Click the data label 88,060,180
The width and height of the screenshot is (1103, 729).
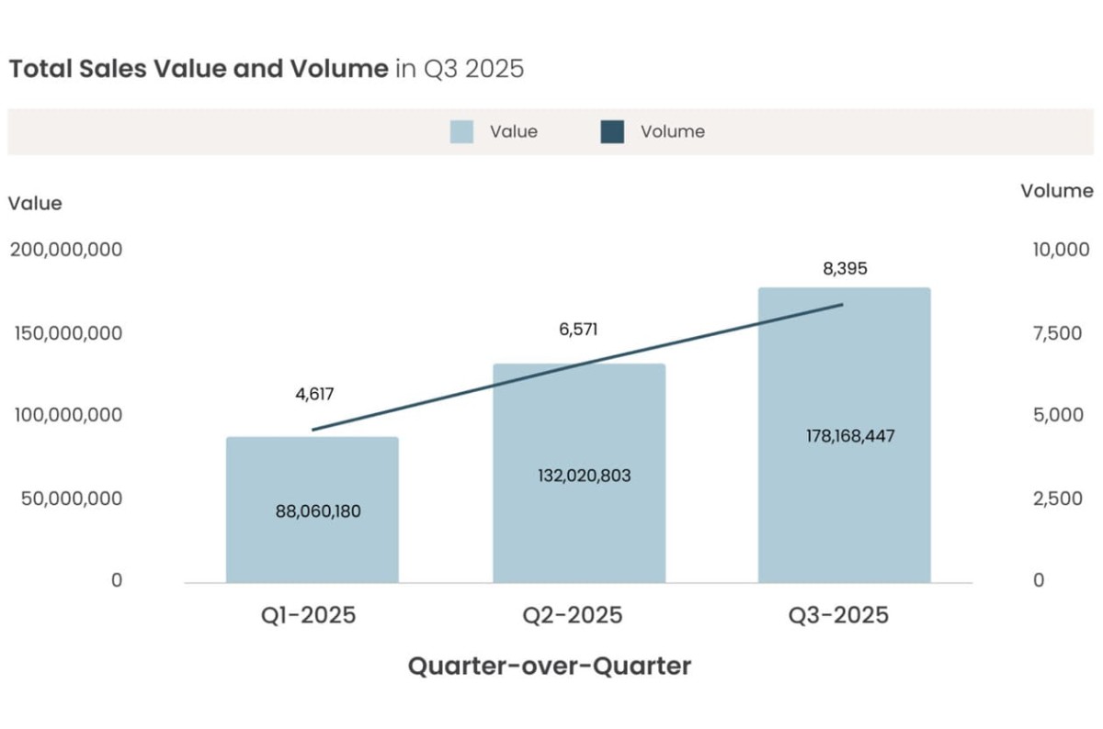[x=318, y=512]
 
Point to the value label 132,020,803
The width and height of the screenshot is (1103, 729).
[x=585, y=476]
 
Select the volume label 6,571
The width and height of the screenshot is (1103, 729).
[x=578, y=329]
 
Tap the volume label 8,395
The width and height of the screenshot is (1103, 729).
[x=845, y=269]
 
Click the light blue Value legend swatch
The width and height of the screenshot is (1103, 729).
[x=461, y=132]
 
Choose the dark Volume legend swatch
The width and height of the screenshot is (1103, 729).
[x=612, y=132]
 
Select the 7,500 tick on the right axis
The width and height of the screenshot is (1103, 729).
[x=1058, y=333]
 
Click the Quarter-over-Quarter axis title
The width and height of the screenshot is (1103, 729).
[x=549, y=666]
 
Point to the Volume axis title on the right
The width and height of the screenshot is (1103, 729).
[x=1057, y=191]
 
